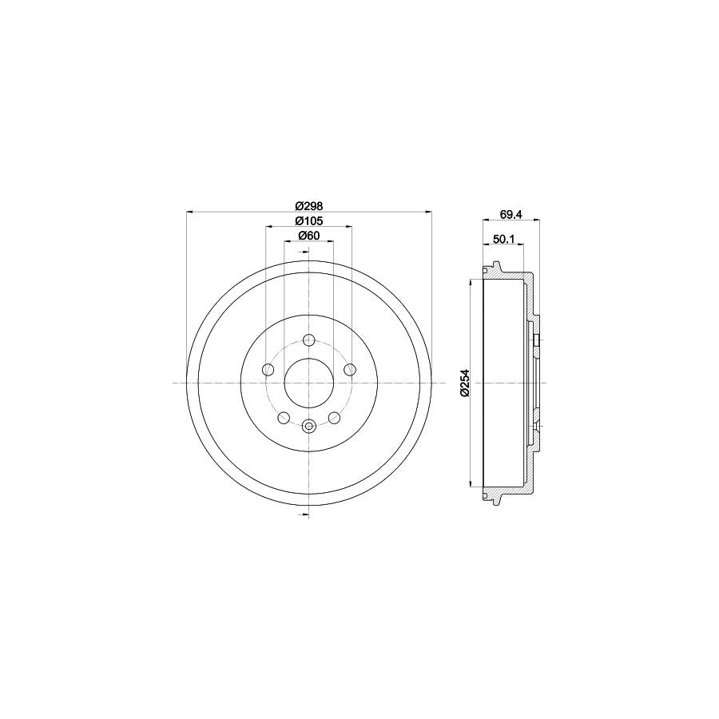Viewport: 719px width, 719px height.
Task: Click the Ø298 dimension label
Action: point(308,205)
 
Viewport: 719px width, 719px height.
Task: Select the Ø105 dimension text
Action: point(308,220)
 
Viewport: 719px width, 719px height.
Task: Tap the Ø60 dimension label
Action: point(308,235)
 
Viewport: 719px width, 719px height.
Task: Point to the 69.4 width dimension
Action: point(511,213)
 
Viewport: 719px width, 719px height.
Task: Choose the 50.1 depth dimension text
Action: point(503,238)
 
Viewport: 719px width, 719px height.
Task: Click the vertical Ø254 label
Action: point(463,383)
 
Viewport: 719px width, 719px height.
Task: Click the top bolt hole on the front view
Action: point(309,340)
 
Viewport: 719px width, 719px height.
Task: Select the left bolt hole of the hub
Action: point(268,369)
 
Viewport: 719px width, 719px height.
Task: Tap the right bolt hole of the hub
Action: point(349,369)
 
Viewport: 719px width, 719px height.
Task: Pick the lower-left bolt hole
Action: point(284,418)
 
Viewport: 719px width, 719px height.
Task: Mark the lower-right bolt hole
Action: point(334,418)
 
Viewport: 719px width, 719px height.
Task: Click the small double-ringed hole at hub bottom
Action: point(309,427)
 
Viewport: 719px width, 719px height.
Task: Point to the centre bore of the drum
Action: point(309,383)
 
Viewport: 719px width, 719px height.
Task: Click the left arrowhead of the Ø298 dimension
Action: point(189,212)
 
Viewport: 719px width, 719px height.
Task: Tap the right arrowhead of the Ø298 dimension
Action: point(429,212)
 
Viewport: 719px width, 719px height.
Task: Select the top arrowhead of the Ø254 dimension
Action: point(472,283)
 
